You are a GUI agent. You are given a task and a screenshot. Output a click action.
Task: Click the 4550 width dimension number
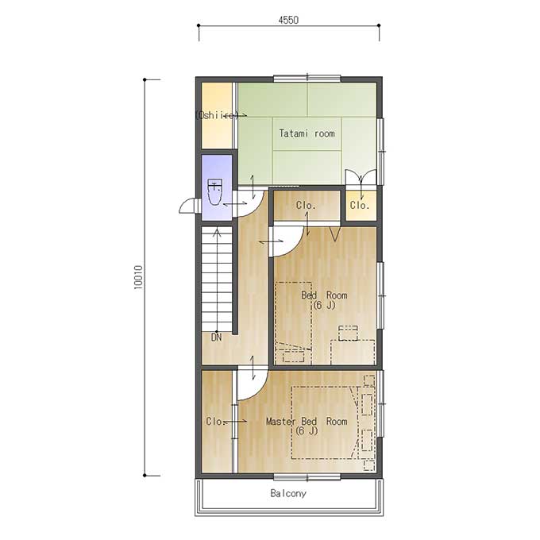(288, 20)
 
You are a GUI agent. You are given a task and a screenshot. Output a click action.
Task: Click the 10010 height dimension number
(138, 277)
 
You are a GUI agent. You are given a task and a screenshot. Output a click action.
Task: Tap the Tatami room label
(307, 133)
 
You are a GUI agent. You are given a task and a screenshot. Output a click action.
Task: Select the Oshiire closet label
(217, 115)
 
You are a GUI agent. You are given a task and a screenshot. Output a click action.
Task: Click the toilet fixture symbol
(215, 192)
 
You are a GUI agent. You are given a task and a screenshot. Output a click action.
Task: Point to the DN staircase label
(216, 337)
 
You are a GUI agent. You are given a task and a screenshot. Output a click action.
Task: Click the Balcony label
(288, 493)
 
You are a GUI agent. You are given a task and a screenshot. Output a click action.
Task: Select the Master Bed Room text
(307, 421)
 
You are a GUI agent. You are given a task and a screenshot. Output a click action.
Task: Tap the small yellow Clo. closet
(361, 205)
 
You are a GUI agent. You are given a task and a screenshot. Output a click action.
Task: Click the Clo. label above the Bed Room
(306, 206)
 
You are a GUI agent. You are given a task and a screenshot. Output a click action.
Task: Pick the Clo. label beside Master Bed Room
(215, 421)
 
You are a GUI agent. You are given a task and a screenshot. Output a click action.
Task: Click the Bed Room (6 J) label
(324, 300)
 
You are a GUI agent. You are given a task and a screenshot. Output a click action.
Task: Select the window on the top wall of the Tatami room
(307, 79)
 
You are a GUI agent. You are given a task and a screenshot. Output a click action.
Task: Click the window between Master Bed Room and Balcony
(307, 476)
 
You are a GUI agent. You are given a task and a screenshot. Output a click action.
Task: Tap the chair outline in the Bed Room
(348, 333)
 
